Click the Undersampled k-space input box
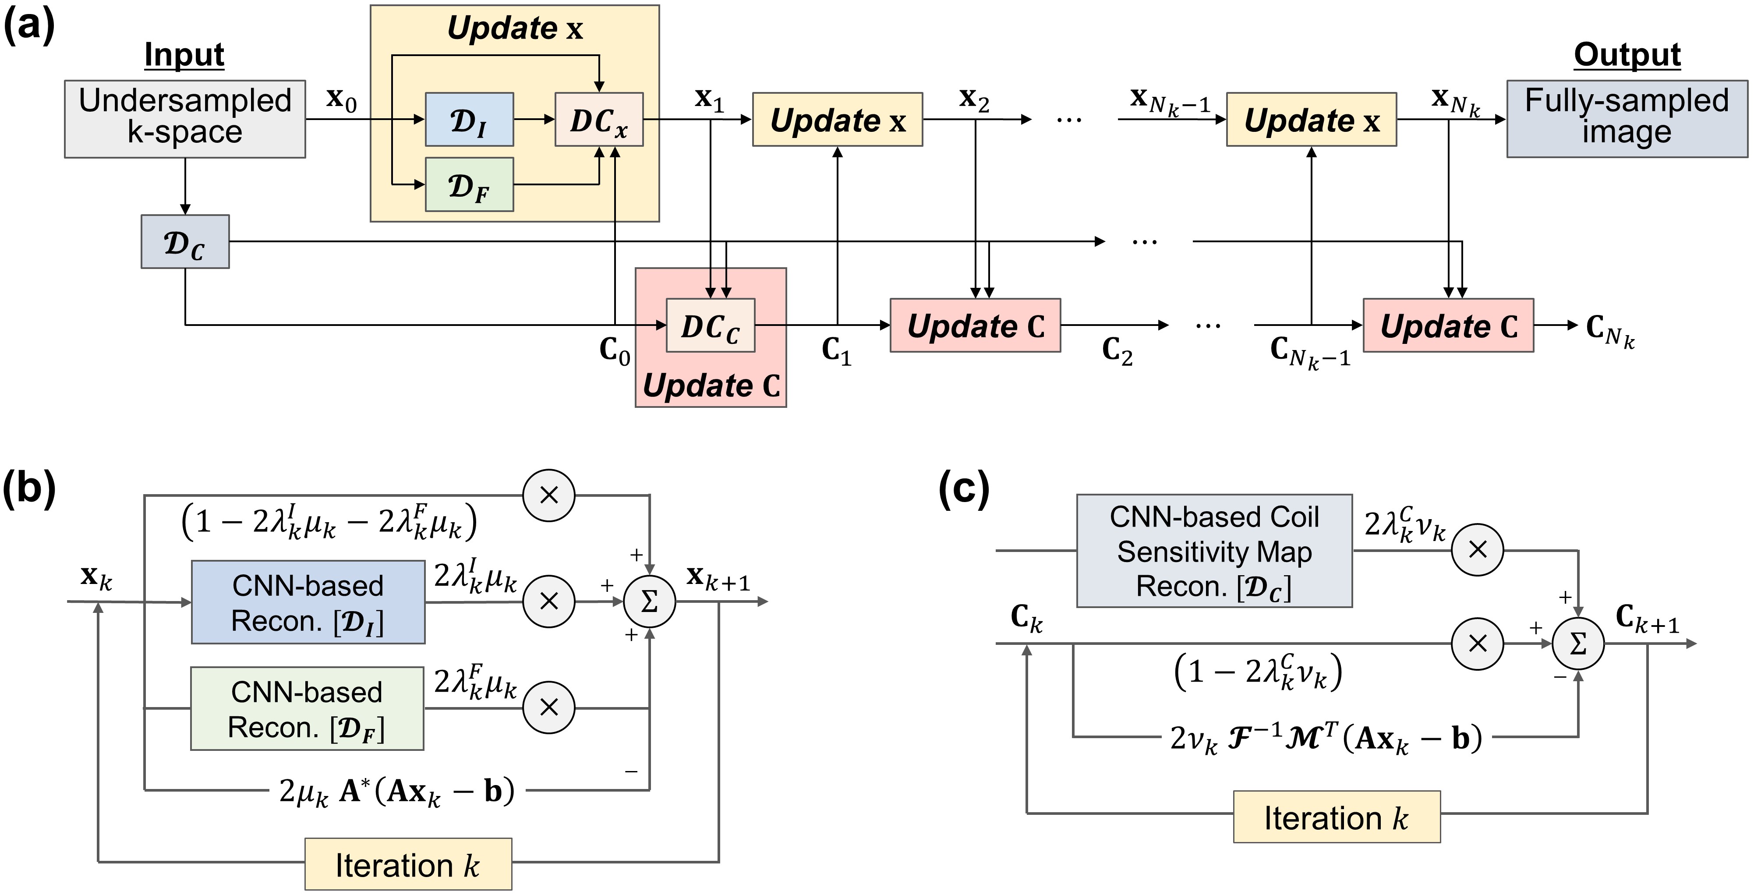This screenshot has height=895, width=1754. [x=184, y=119]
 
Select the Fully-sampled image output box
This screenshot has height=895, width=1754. [x=1626, y=119]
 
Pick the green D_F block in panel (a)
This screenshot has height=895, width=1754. [x=469, y=184]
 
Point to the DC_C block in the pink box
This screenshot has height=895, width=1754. [x=710, y=325]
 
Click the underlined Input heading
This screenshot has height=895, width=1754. [x=184, y=54]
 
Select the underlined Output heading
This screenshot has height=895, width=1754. [x=1627, y=54]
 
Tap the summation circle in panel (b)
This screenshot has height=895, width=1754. [x=650, y=601]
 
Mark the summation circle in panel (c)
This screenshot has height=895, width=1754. [x=1577, y=644]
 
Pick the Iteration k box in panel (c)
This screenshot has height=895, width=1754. [x=1336, y=817]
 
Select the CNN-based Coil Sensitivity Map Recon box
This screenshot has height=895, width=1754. [x=1214, y=550]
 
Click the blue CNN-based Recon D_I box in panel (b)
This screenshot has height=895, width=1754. [x=308, y=602]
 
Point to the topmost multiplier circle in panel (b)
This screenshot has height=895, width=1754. [x=549, y=495]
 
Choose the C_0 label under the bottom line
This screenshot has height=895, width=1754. [x=614, y=351]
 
